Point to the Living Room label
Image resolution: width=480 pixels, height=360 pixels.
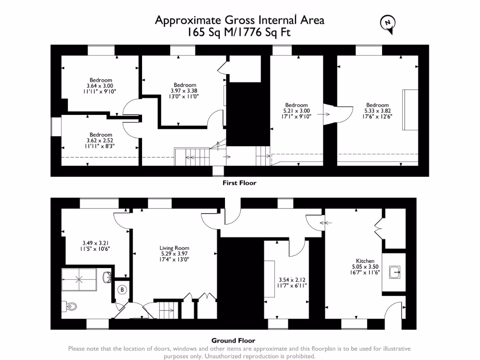[x=174, y=248]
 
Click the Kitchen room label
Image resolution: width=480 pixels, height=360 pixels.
[x=365, y=261]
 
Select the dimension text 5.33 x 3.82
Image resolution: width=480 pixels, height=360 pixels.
[x=377, y=111]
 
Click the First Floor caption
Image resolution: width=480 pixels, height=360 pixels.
[x=240, y=183]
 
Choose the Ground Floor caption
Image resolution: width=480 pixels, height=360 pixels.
[x=233, y=341]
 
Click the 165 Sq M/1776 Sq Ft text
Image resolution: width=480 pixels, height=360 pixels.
[x=240, y=33]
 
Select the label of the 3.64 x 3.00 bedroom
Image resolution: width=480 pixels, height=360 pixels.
[x=101, y=80]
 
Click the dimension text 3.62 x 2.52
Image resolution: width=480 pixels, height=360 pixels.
[x=100, y=140]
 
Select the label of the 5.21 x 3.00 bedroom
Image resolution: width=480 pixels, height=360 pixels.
[x=297, y=105]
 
